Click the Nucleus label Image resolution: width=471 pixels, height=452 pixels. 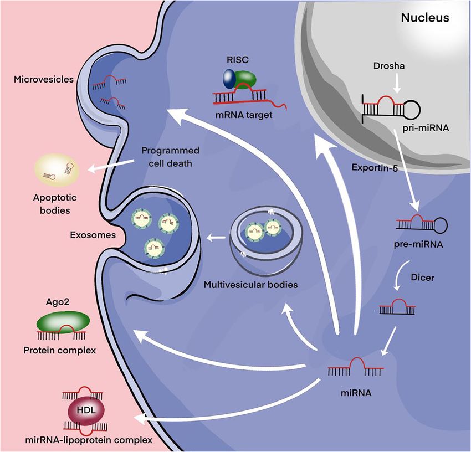coord(425,18)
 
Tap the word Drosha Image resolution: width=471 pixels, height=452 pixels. coord(389,65)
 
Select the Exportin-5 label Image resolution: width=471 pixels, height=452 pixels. coord(375,168)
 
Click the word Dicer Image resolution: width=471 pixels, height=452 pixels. coord(422,277)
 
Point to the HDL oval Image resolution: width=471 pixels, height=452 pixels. coord(86,410)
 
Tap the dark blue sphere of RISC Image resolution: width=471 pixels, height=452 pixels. coord(230,79)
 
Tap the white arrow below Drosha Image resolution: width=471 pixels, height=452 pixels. coord(397,83)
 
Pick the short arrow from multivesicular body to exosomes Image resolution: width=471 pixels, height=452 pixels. coord(216,238)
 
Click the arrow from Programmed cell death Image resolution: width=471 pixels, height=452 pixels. coord(111,166)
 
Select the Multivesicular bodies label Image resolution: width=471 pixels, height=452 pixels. coord(250,284)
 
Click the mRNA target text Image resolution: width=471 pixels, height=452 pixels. coord(244,115)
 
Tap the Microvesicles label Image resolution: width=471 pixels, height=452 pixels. coord(44,79)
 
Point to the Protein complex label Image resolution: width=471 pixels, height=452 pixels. coord(60,350)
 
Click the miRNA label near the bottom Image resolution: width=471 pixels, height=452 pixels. coord(356,393)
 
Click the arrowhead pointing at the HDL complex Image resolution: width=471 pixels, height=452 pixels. coord(141,418)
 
